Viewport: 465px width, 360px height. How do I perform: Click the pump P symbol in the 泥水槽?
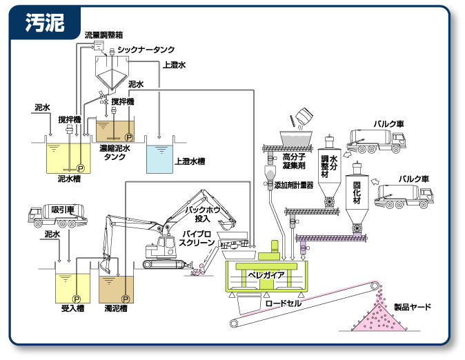(79, 168)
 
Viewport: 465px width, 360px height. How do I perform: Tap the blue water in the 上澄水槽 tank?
(160, 159)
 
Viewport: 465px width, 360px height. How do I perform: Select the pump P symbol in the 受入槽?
(77, 298)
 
